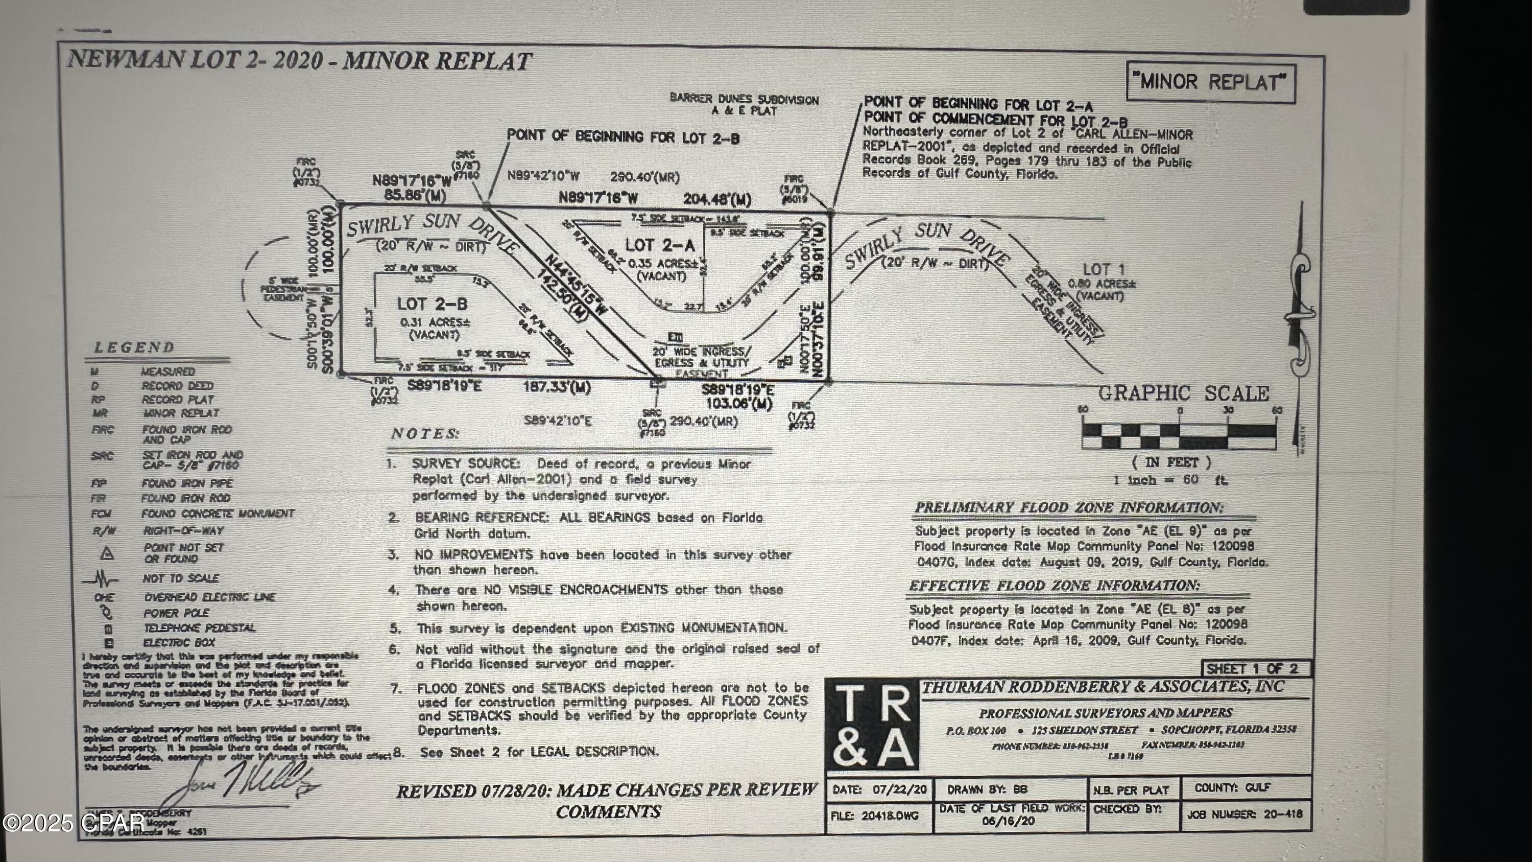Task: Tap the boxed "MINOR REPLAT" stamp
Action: tap(1210, 83)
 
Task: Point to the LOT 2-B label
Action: tap(432, 304)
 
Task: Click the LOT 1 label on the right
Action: tap(1103, 269)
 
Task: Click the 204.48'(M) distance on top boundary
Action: tap(716, 199)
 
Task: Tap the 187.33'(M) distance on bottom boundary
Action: tap(557, 388)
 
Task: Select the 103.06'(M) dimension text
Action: tap(738, 405)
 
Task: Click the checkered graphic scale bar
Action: tap(1178, 435)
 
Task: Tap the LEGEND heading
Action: tap(134, 347)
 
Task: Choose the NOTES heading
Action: tap(425, 434)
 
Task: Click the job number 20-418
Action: tap(1282, 814)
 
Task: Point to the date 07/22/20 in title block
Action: tap(900, 790)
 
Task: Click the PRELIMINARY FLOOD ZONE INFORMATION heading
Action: tap(1069, 507)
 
